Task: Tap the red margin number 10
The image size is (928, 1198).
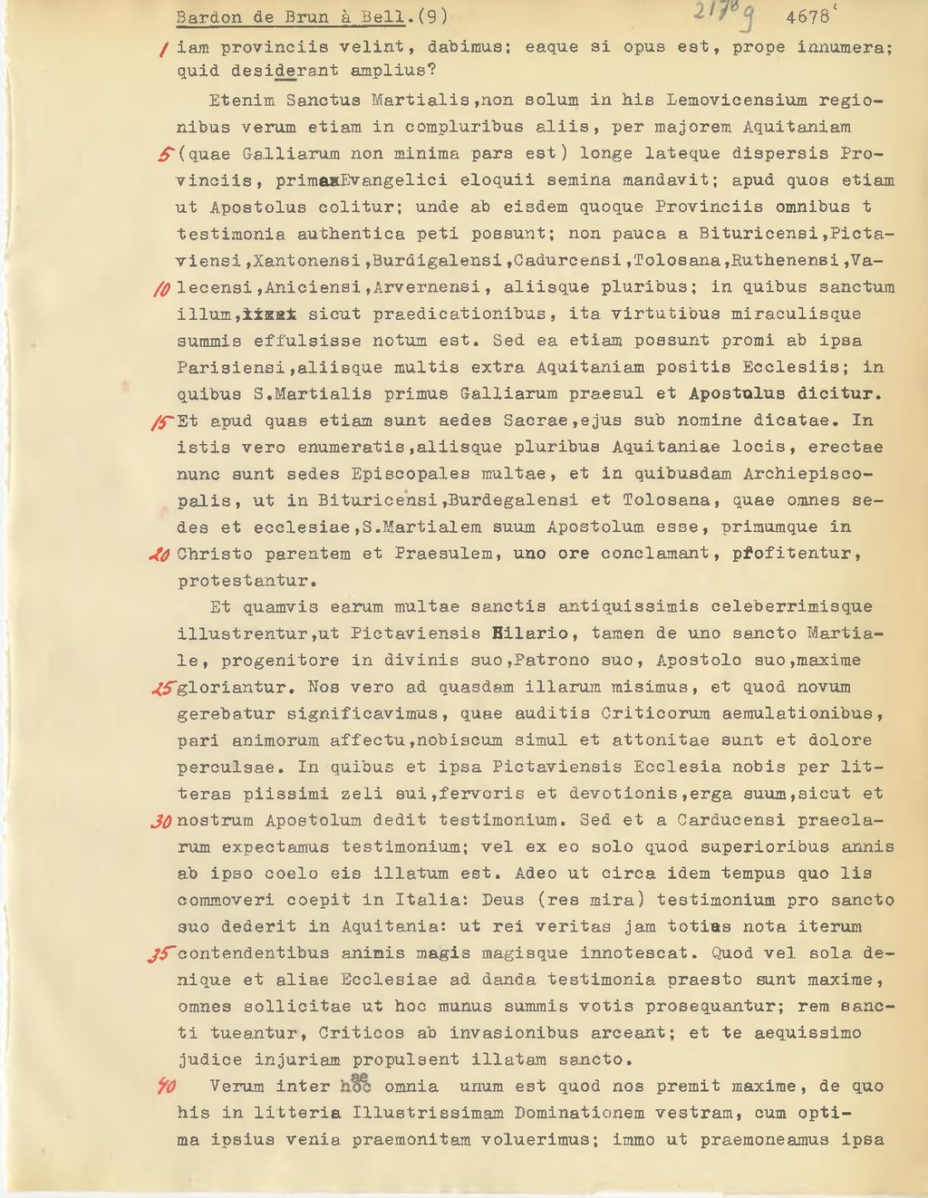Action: tap(163, 288)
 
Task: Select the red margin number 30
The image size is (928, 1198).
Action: tap(161, 821)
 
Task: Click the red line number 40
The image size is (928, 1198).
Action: tap(165, 1087)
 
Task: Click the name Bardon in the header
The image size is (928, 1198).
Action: tap(206, 17)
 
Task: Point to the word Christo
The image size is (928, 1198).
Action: tap(215, 554)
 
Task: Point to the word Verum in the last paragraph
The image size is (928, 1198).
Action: tap(236, 1087)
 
